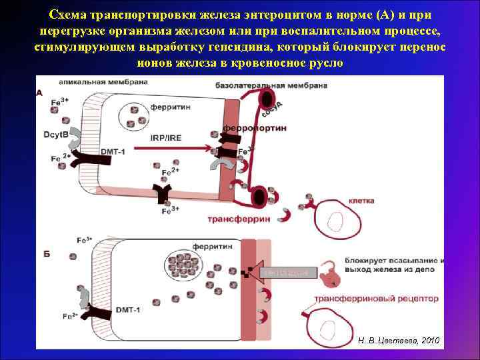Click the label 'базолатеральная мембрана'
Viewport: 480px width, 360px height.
pos(271,86)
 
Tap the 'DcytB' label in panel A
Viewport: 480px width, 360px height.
pos(58,135)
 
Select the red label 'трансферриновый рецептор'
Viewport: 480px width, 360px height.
pos(376,298)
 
